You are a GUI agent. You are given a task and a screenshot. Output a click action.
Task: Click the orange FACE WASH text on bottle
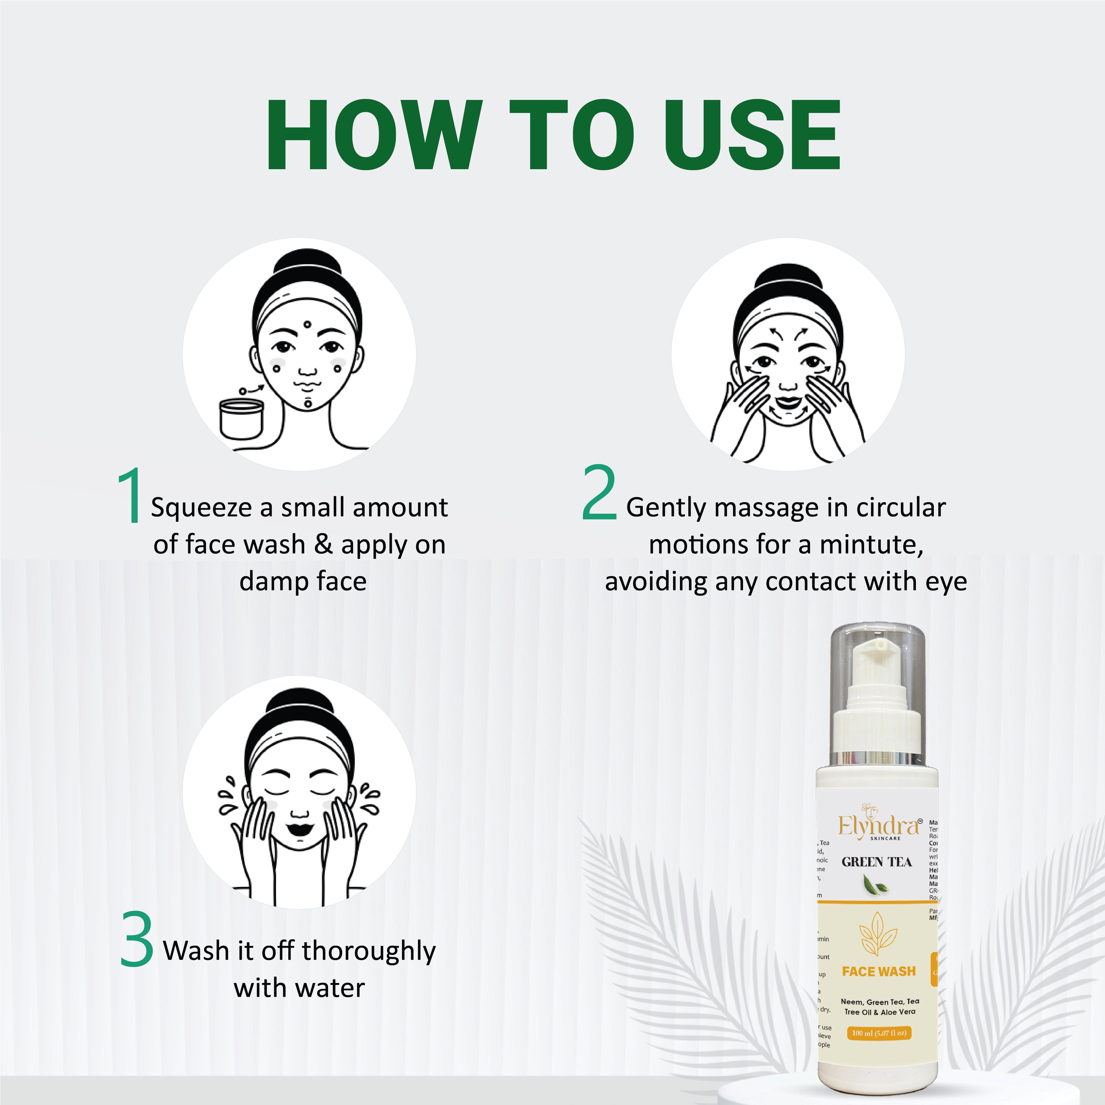[x=879, y=971]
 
